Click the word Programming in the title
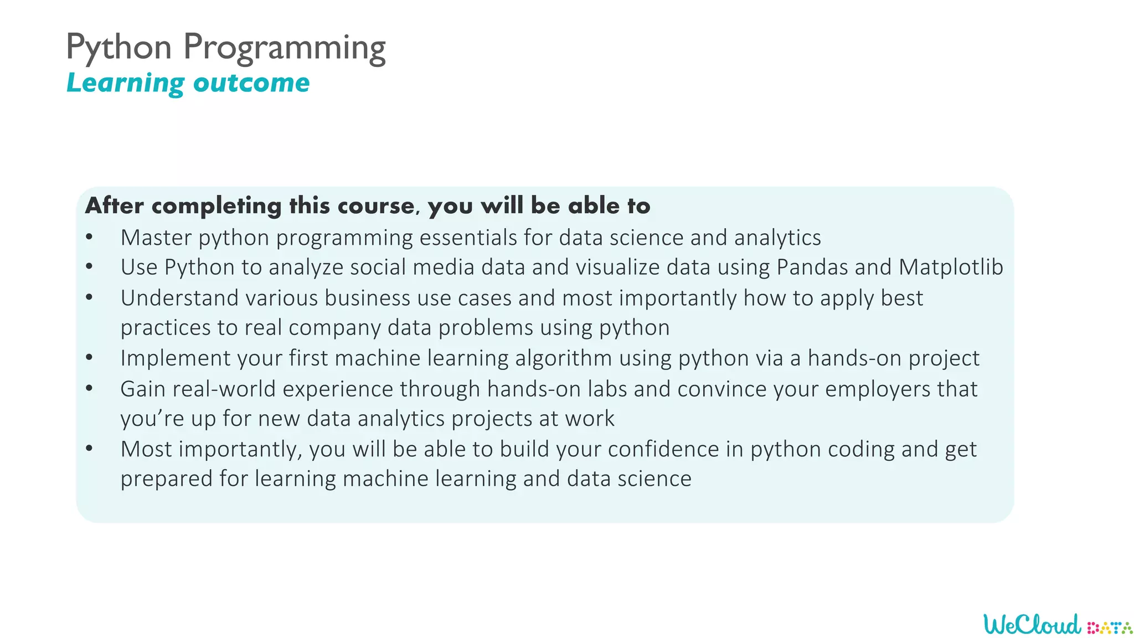click(284, 48)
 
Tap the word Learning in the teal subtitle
click(125, 83)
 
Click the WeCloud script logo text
click(1032, 625)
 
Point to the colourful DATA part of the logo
click(1110, 628)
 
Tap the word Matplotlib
click(951, 267)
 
